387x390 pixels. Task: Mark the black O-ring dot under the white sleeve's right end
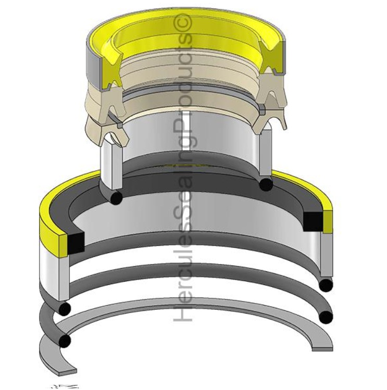266,184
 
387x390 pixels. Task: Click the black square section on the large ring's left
76,241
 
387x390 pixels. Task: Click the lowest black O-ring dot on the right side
326,317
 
